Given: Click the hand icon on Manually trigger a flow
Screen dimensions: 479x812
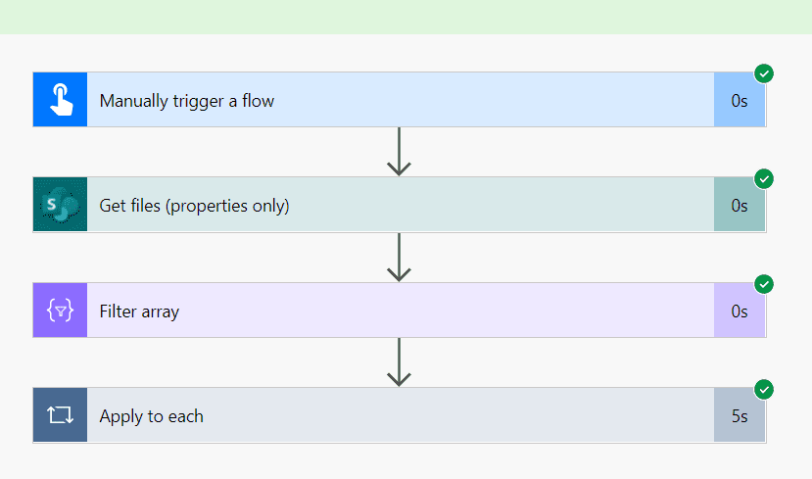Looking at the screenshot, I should pos(60,100).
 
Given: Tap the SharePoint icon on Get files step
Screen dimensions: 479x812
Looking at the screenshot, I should pos(60,205).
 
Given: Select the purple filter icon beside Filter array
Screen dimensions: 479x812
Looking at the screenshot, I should pos(60,311).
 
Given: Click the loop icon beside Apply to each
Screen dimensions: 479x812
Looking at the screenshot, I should pos(60,415).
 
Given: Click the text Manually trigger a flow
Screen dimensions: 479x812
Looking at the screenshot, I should pos(186,100).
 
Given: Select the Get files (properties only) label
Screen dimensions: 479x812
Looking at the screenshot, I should pos(194,206).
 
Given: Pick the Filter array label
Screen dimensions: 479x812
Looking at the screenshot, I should pos(139,311).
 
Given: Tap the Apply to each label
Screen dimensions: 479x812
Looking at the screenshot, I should pos(151,416).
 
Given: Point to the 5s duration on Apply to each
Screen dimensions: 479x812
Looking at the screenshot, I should pos(740,416).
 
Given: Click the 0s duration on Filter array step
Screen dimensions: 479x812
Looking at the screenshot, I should pos(740,311).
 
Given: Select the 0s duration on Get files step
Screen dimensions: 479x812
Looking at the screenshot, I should pos(740,206).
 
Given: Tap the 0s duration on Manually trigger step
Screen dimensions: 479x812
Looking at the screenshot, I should pos(740,100).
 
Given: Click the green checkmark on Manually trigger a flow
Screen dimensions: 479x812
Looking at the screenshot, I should pos(764,73).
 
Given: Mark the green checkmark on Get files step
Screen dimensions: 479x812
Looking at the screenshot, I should pos(764,178).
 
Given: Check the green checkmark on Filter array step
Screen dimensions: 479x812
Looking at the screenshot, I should pos(764,284).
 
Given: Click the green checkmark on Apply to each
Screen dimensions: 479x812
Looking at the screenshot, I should pos(764,389).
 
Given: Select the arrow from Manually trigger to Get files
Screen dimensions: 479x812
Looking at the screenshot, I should pos(398,152).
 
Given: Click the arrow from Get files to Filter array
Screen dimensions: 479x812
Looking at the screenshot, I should pos(398,258).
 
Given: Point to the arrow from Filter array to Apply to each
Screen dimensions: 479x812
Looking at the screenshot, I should pos(398,362).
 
